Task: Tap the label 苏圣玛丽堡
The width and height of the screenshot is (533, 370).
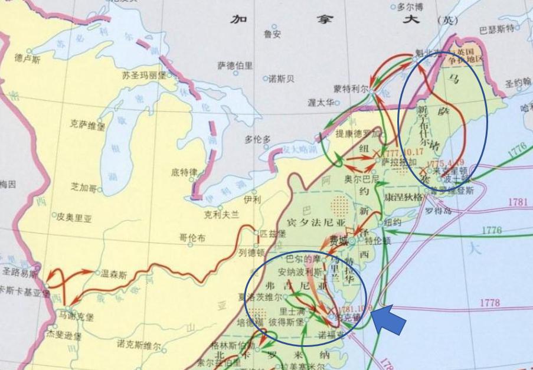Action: tap(144, 76)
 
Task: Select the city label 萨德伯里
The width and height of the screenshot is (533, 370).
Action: tap(235, 66)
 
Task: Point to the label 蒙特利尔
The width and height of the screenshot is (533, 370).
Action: tap(350, 89)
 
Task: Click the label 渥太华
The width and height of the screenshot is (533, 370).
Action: tap(321, 103)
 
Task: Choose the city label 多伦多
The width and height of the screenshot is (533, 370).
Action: tap(257, 139)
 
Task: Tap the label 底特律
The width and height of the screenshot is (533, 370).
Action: tap(184, 173)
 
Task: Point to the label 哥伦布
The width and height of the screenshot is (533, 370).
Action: tap(192, 238)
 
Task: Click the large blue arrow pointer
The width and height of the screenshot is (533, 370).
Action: tap(390, 320)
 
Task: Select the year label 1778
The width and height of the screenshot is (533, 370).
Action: tap(489, 303)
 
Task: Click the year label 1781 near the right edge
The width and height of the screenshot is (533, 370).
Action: tap(517, 202)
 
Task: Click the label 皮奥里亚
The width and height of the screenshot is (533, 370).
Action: tap(74, 217)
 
